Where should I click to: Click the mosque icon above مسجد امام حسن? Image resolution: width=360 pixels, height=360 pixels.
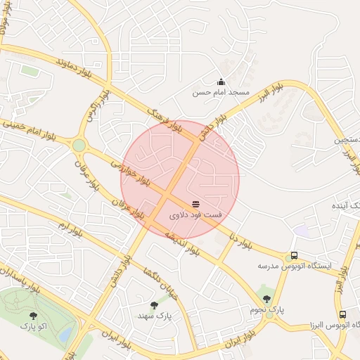pyautogui.click(x=221, y=82)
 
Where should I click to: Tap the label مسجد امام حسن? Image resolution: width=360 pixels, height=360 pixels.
pyautogui.click(x=221, y=92)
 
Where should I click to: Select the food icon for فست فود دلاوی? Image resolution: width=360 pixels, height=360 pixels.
pyautogui.click(x=195, y=204)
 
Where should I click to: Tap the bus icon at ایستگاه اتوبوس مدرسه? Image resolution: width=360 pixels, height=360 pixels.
pyautogui.click(x=294, y=257)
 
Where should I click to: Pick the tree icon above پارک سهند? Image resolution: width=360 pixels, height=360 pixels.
pyautogui.click(x=154, y=305)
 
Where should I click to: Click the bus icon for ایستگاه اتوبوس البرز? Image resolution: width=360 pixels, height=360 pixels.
pyautogui.click(x=342, y=315)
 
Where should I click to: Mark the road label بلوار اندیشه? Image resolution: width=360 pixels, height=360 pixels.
pyautogui.click(x=183, y=240)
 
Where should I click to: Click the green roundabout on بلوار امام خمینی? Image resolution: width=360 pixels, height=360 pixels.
pyautogui.click(x=79, y=146)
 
